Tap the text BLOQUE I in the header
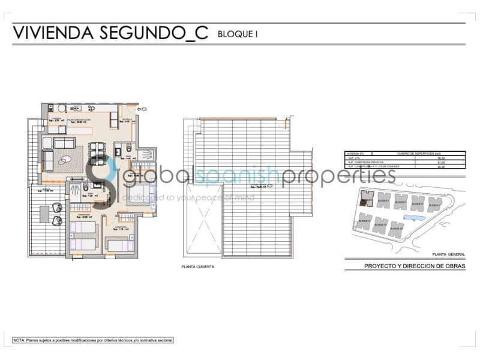point(238,35)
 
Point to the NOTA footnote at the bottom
point(93,340)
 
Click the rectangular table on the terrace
point(44,214)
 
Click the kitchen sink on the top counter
point(76,108)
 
